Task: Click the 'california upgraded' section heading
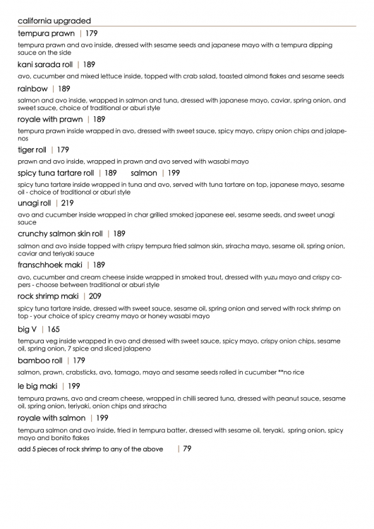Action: click(54, 21)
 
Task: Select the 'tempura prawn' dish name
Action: click(47, 33)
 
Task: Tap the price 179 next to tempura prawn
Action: click(91, 33)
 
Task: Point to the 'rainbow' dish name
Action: click(32, 89)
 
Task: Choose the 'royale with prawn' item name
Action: click(50, 119)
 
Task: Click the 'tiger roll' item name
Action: click(32, 150)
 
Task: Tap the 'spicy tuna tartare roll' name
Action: click(56, 173)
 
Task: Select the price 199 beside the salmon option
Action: click(174, 173)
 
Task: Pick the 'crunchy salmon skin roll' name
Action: click(60, 233)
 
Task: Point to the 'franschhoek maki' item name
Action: click(51, 264)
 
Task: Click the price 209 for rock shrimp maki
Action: click(95, 296)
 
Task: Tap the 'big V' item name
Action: click(28, 329)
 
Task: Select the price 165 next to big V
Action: click(54, 329)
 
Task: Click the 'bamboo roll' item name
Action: click(40, 360)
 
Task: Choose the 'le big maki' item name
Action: click(38, 386)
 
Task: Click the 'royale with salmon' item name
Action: click(52, 418)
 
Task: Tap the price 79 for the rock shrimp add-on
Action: click(187, 449)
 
